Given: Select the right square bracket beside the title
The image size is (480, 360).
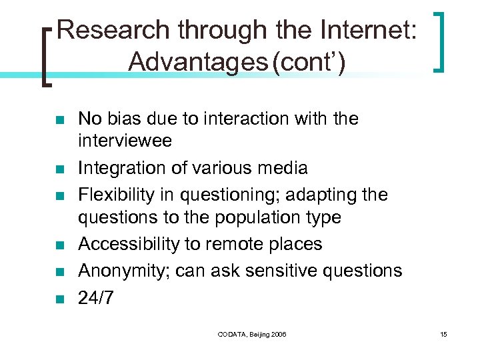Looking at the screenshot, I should [439, 40].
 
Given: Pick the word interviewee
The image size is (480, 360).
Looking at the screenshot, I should [125, 140].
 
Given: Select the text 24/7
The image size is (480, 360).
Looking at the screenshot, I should [95, 297].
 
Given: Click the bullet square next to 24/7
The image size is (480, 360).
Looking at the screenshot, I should [59, 299].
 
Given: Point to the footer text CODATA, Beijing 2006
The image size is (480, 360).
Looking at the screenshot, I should [253, 334].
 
